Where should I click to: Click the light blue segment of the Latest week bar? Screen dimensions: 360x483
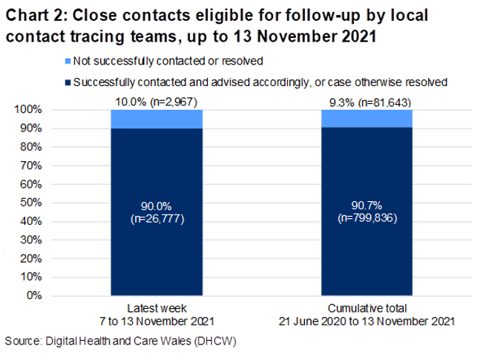[x=157, y=119]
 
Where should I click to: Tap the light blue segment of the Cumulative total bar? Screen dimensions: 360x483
[x=367, y=118]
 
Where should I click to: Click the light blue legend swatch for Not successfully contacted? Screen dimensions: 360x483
[x=68, y=59]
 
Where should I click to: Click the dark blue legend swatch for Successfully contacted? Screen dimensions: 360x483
[x=68, y=83]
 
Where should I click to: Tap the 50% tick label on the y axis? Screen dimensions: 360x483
[x=30, y=203]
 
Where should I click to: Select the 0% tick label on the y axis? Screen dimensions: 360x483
[x=33, y=296]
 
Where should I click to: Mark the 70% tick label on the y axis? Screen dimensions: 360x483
[x=30, y=166]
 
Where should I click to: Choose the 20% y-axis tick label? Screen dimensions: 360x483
[x=30, y=259]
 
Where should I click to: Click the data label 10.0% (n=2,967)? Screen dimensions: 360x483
[x=157, y=102]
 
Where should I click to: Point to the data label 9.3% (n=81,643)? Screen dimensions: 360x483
[x=367, y=102]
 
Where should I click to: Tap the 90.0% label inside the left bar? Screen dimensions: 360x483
[x=157, y=206]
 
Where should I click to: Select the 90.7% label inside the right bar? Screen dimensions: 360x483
[x=367, y=206]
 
